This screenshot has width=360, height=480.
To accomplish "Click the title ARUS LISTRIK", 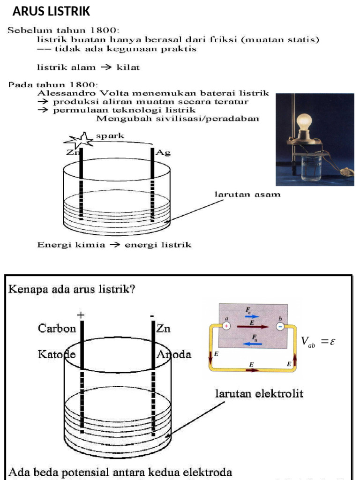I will [x=51, y=11].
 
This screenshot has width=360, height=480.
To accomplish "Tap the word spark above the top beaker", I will [x=110, y=136].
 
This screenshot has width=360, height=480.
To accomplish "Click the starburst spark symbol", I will [x=79, y=140].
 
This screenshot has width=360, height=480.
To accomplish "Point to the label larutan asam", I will [x=247, y=194].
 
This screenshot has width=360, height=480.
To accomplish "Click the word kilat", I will [x=128, y=67].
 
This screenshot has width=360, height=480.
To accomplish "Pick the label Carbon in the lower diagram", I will [x=57, y=329].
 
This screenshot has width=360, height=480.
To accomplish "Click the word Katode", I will [x=57, y=355].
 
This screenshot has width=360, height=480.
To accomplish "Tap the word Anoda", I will [x=174, y=355].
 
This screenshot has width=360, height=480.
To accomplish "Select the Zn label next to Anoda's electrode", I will [x=164, y=329].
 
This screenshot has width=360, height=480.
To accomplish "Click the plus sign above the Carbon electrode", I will [x=82, y=315].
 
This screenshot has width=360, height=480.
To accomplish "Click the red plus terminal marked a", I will [x=226, y=326].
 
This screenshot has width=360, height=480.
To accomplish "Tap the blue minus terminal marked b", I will [x=280, y=327].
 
